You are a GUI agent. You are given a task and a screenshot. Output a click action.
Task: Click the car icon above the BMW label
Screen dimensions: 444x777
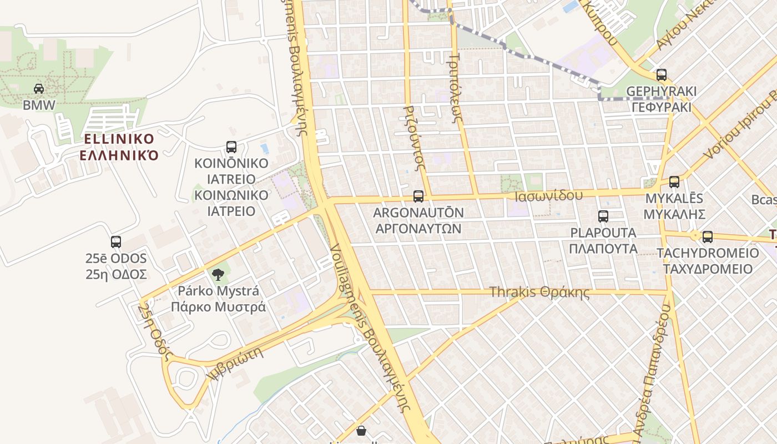(x=39, y=88)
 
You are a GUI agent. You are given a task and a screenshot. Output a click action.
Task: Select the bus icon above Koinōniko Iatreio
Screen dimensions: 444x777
(x=231, y=147)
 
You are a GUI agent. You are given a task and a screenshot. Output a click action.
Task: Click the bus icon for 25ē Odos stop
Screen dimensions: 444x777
(x=116, y=242)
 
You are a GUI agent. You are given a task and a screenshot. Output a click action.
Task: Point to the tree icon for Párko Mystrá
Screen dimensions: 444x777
(x=218, y=274)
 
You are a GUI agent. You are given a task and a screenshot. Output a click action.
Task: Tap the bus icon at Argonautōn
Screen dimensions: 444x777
(x=418, y=196)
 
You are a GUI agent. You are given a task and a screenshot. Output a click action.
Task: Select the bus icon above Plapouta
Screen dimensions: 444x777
(x=603, y=216)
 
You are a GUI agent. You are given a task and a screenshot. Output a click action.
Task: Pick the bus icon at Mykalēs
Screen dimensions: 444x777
(x=674, y=181)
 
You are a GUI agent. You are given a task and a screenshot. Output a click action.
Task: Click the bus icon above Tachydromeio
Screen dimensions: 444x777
(x=708, y=237)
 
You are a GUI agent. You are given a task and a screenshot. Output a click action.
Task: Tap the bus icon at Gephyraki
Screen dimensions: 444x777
(x=661, y=74)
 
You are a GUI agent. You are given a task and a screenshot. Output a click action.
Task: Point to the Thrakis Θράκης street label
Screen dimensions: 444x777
(x=539, y=292)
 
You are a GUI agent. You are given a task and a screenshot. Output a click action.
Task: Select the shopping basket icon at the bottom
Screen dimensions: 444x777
(x=361, y=431)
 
